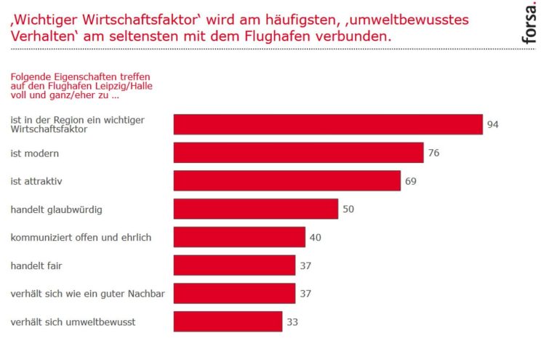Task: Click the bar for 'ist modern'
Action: [298, 153]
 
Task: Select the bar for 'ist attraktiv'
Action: [286, 180]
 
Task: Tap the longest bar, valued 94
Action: [328, 124]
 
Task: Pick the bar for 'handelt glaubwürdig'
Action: [255, 209]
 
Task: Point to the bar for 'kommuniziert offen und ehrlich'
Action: [239, 237]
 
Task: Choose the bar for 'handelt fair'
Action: [234, 265]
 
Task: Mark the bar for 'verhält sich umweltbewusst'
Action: [228, 321]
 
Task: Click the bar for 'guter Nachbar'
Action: [234, 293]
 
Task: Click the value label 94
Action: [493, 124]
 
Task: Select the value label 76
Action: [434, 153]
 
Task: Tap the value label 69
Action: [411, 181]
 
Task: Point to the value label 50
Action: [348, 209]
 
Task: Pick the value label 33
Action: [292, 321]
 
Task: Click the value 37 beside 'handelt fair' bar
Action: [305, 265]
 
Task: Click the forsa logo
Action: [530, 23]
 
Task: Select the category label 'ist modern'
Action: [34, 153]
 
